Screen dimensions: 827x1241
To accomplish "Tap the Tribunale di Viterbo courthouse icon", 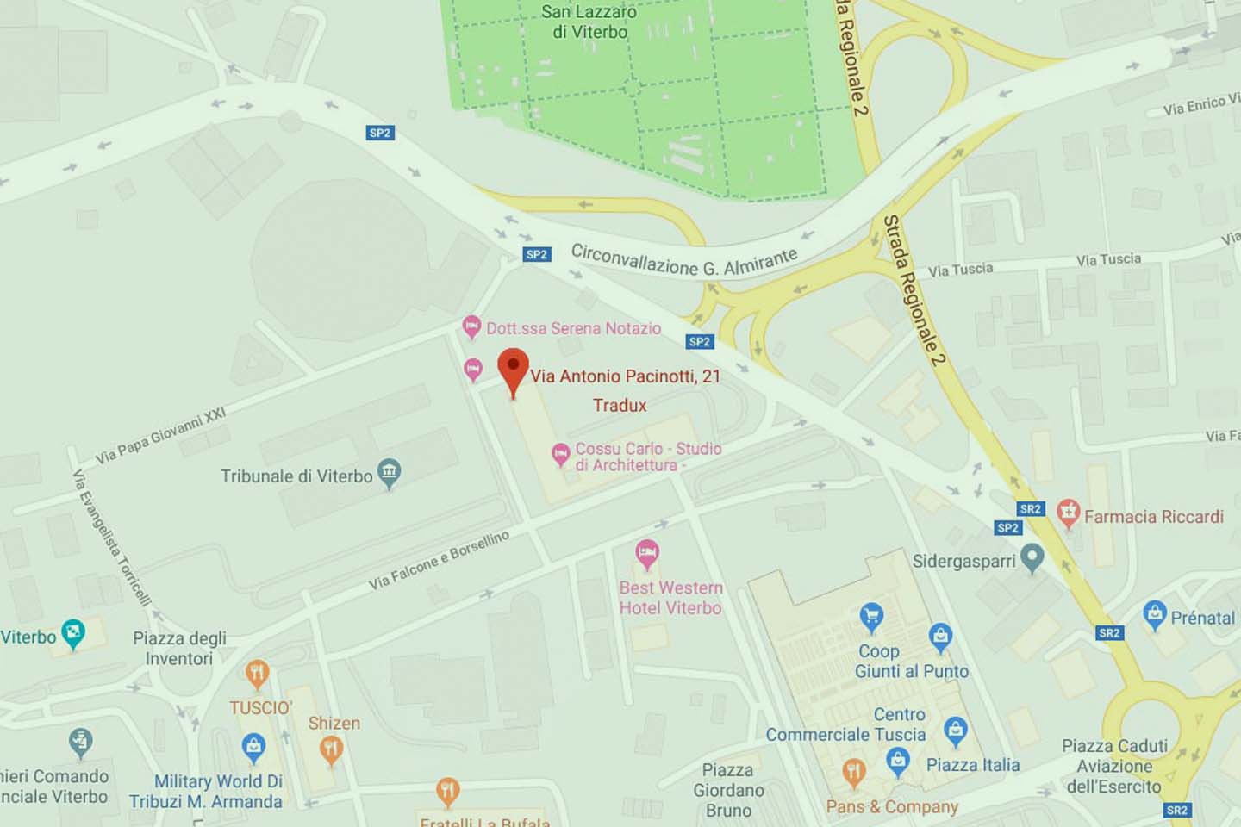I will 390,473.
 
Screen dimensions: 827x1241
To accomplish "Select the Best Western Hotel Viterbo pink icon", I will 647,554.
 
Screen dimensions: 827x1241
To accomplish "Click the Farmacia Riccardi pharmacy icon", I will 1069,513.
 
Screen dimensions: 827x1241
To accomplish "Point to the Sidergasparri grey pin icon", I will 1032,558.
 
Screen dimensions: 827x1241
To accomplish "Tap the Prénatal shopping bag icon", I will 1154,615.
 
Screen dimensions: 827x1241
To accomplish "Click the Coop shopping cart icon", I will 871,617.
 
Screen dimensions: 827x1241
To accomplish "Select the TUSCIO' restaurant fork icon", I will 257,674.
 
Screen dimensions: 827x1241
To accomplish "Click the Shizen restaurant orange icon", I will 331,750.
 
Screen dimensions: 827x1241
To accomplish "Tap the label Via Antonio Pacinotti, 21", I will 625,376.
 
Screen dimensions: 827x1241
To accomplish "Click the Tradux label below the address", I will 619,405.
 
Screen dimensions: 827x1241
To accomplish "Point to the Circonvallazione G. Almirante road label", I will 684,259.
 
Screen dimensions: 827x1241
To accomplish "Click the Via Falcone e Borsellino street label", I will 439,561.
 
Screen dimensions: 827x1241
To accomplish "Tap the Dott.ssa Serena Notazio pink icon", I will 471,327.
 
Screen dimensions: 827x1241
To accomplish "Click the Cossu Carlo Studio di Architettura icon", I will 560,453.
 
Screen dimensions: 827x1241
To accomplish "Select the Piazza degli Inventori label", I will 179,648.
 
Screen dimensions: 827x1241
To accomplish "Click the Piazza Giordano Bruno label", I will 728,790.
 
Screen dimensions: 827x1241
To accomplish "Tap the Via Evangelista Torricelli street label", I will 111,538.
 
